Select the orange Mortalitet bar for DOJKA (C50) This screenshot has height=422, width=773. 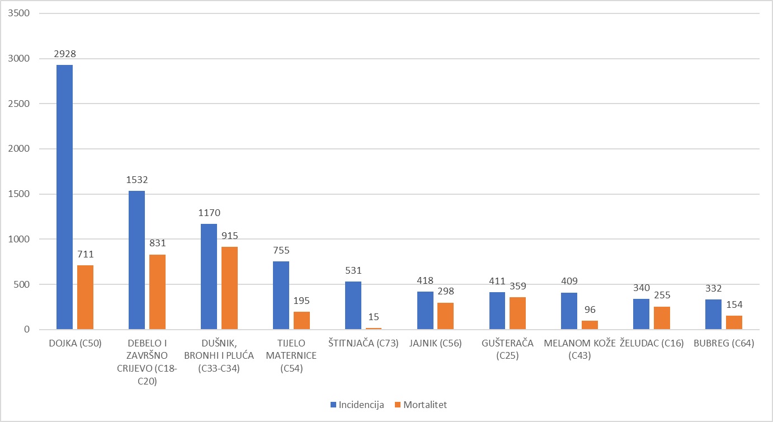pyautogui.click(x=85, y=297)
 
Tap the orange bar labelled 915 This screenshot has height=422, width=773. pyautogui.click(x=229, y=288)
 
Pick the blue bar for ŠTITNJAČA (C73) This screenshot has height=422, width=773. pyautogui.click(x=353, y=305)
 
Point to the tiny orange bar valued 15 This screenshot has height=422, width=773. pyautogui.click(x=374, y=329)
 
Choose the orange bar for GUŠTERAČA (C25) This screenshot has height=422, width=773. pyautogui.click(x=517, y=313)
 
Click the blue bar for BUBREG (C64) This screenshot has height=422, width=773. pyautogui.click(x=713, y=315)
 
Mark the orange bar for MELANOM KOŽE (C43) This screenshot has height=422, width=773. pyautogui.click(x=590, y=325)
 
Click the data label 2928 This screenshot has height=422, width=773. pyautogui.click(x=65, y=54)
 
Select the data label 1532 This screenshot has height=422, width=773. pyautogui.click(x=137, y=180)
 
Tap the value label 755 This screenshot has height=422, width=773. pyautogui.click(x=281, y=251)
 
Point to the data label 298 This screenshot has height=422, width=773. pyautogui.click(x=445, y=292)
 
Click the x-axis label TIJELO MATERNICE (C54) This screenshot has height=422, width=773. pyautogui.click(x=291, y=356)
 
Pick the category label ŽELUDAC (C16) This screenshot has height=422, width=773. pyautogui.click(x=652, y=344)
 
